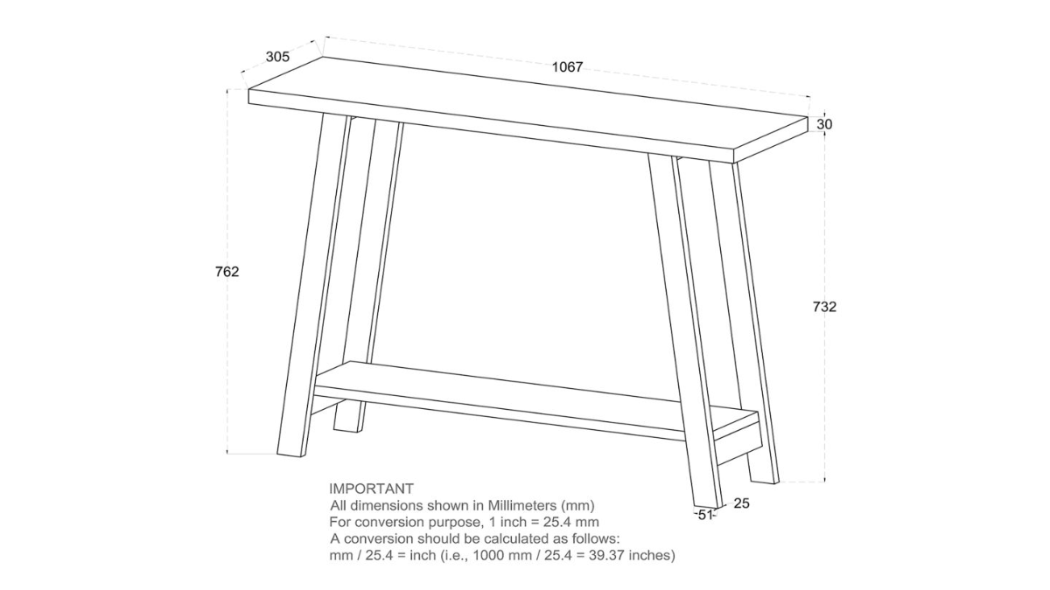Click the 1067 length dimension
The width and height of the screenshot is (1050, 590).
[x=567, y=67]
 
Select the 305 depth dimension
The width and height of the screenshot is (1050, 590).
[x=277, y=57]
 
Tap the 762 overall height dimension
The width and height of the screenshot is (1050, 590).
[x=227, y=272]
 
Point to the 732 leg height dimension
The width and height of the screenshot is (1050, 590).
[x=824, y=307]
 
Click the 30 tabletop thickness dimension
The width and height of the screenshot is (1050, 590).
[x=824, y=124]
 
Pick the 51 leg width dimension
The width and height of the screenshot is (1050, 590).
[x=704, y=515]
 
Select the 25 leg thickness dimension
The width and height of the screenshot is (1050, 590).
[x=741, y=503]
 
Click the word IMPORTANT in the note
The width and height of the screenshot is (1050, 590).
[x=371, y=489]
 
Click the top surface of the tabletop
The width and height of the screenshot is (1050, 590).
[x=525, y=101]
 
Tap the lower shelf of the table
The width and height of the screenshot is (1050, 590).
[x=525, y=393]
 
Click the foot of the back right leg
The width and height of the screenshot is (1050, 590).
[x=763, y=472]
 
